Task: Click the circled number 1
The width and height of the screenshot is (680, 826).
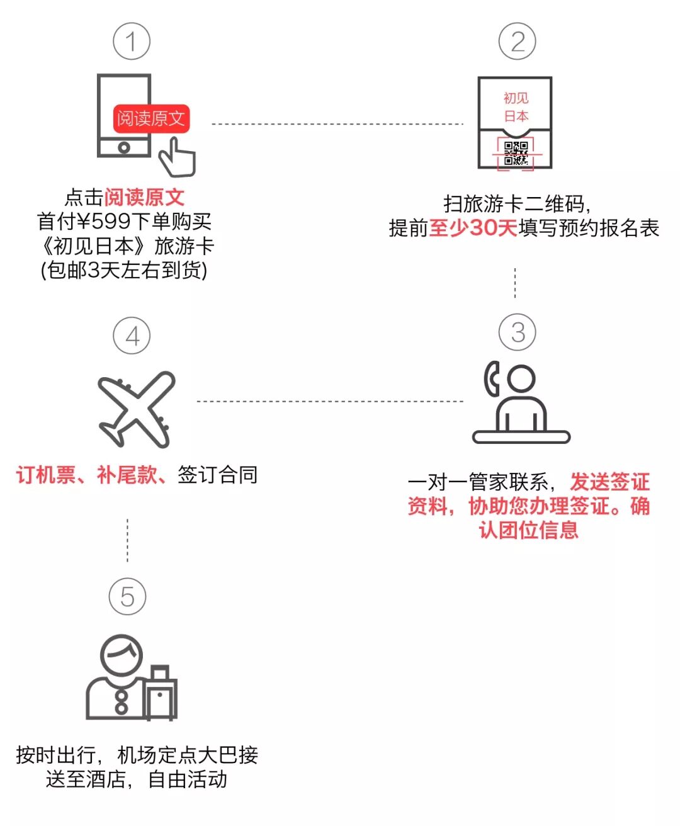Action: [x=131, y=42]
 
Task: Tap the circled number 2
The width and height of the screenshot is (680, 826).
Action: [x=517, y=42]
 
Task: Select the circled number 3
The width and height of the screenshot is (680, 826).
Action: [x=518, y=332]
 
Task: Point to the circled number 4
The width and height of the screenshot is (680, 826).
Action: [x=132, y=336]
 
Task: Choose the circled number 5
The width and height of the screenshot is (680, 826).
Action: [x=127, y=597]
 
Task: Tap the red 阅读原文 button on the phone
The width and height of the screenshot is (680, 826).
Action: [x=151, y=118]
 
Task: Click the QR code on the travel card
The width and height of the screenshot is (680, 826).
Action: [x=516, y=153]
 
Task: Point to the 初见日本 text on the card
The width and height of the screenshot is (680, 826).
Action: [x=516, y=107]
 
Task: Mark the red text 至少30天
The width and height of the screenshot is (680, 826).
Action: [x=473, y=228]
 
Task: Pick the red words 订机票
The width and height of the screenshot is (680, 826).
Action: [x=46, y=475]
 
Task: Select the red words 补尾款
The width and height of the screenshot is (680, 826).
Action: [x=127, y=475]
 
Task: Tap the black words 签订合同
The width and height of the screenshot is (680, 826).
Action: [x=217, y=475]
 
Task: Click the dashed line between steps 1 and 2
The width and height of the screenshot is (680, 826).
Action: [x=337, y=124]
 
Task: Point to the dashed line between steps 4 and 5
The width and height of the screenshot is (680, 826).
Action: [x=127, y=540]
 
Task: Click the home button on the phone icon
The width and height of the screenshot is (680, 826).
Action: [x=124, y=148]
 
